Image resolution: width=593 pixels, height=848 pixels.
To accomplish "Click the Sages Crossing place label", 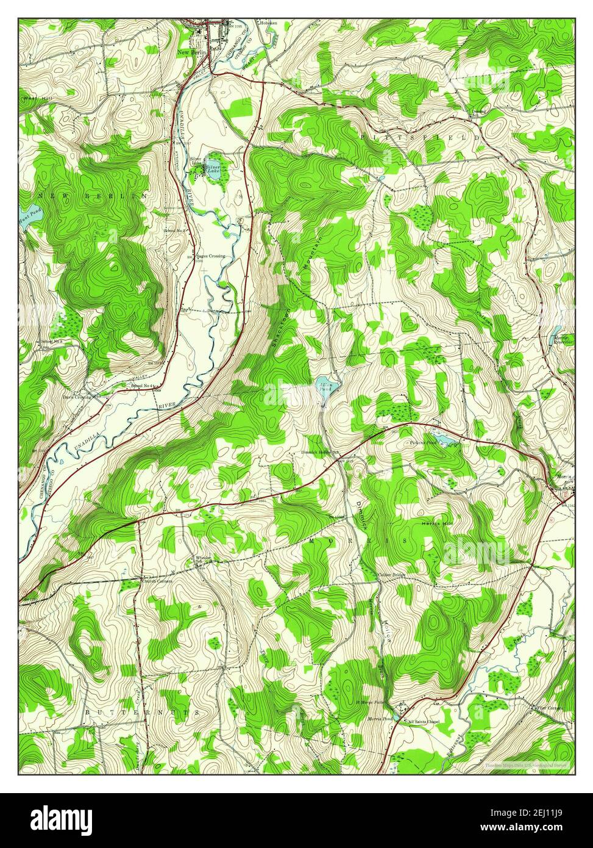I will pyautogui.click(x=210, y=256).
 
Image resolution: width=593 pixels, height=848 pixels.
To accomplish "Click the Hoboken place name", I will pyautogui.click(x=268, y=23).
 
